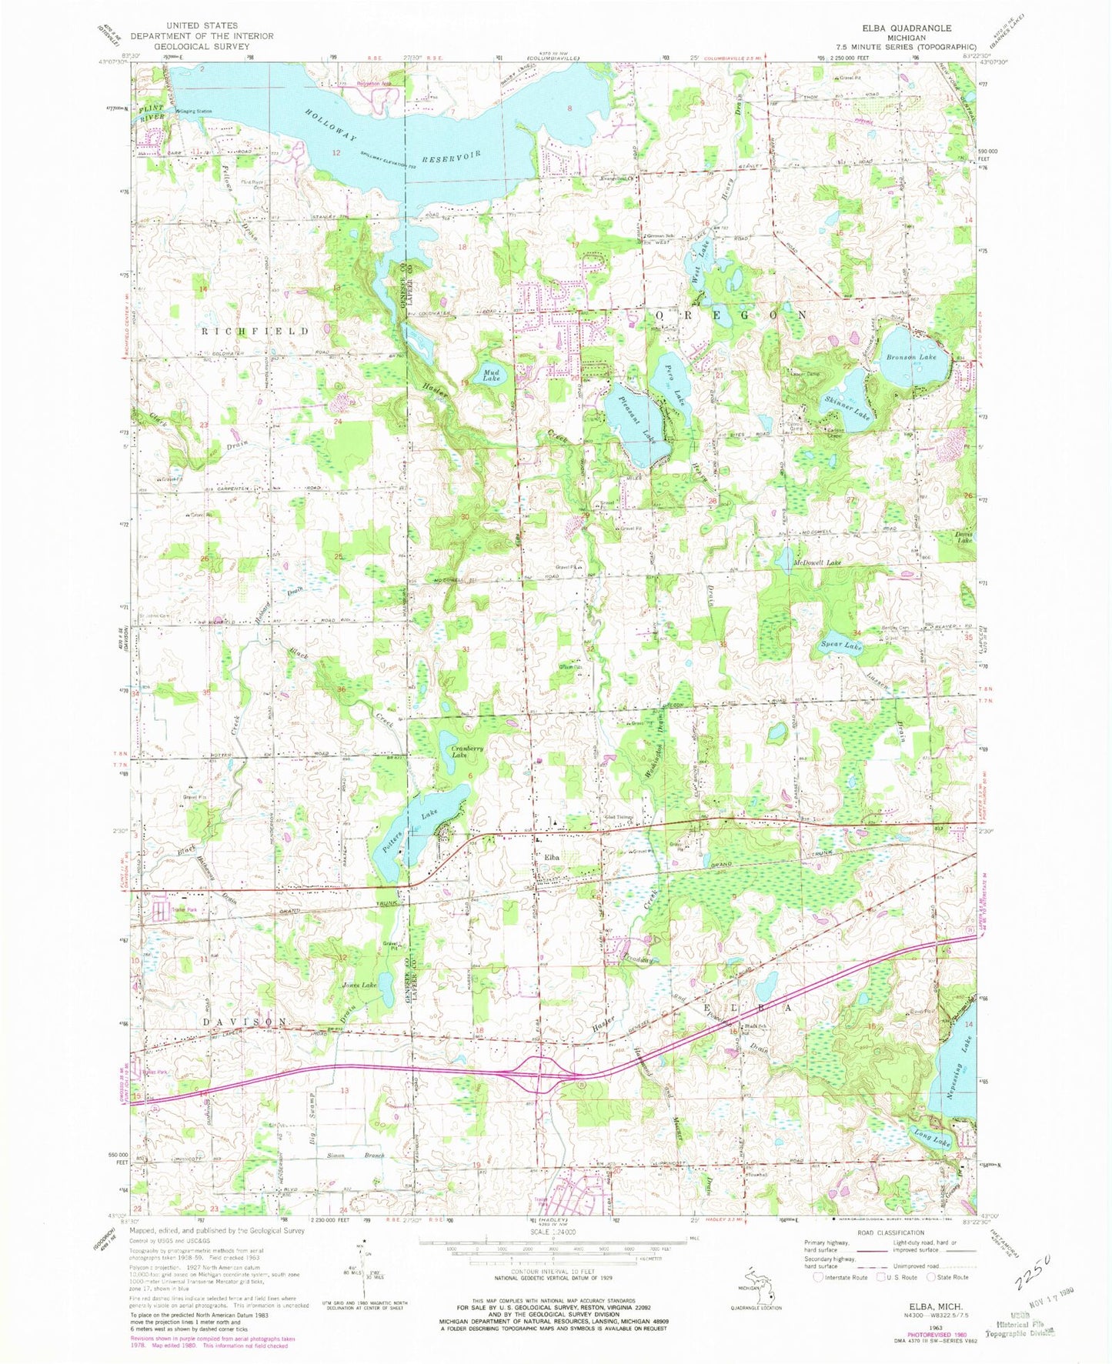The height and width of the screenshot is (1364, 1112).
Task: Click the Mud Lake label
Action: tap(490, 375)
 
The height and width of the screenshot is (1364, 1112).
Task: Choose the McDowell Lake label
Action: tap(817, 563)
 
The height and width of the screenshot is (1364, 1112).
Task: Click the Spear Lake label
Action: tap(840, 647)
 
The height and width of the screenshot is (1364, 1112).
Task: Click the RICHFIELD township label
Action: tap(255, 331)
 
